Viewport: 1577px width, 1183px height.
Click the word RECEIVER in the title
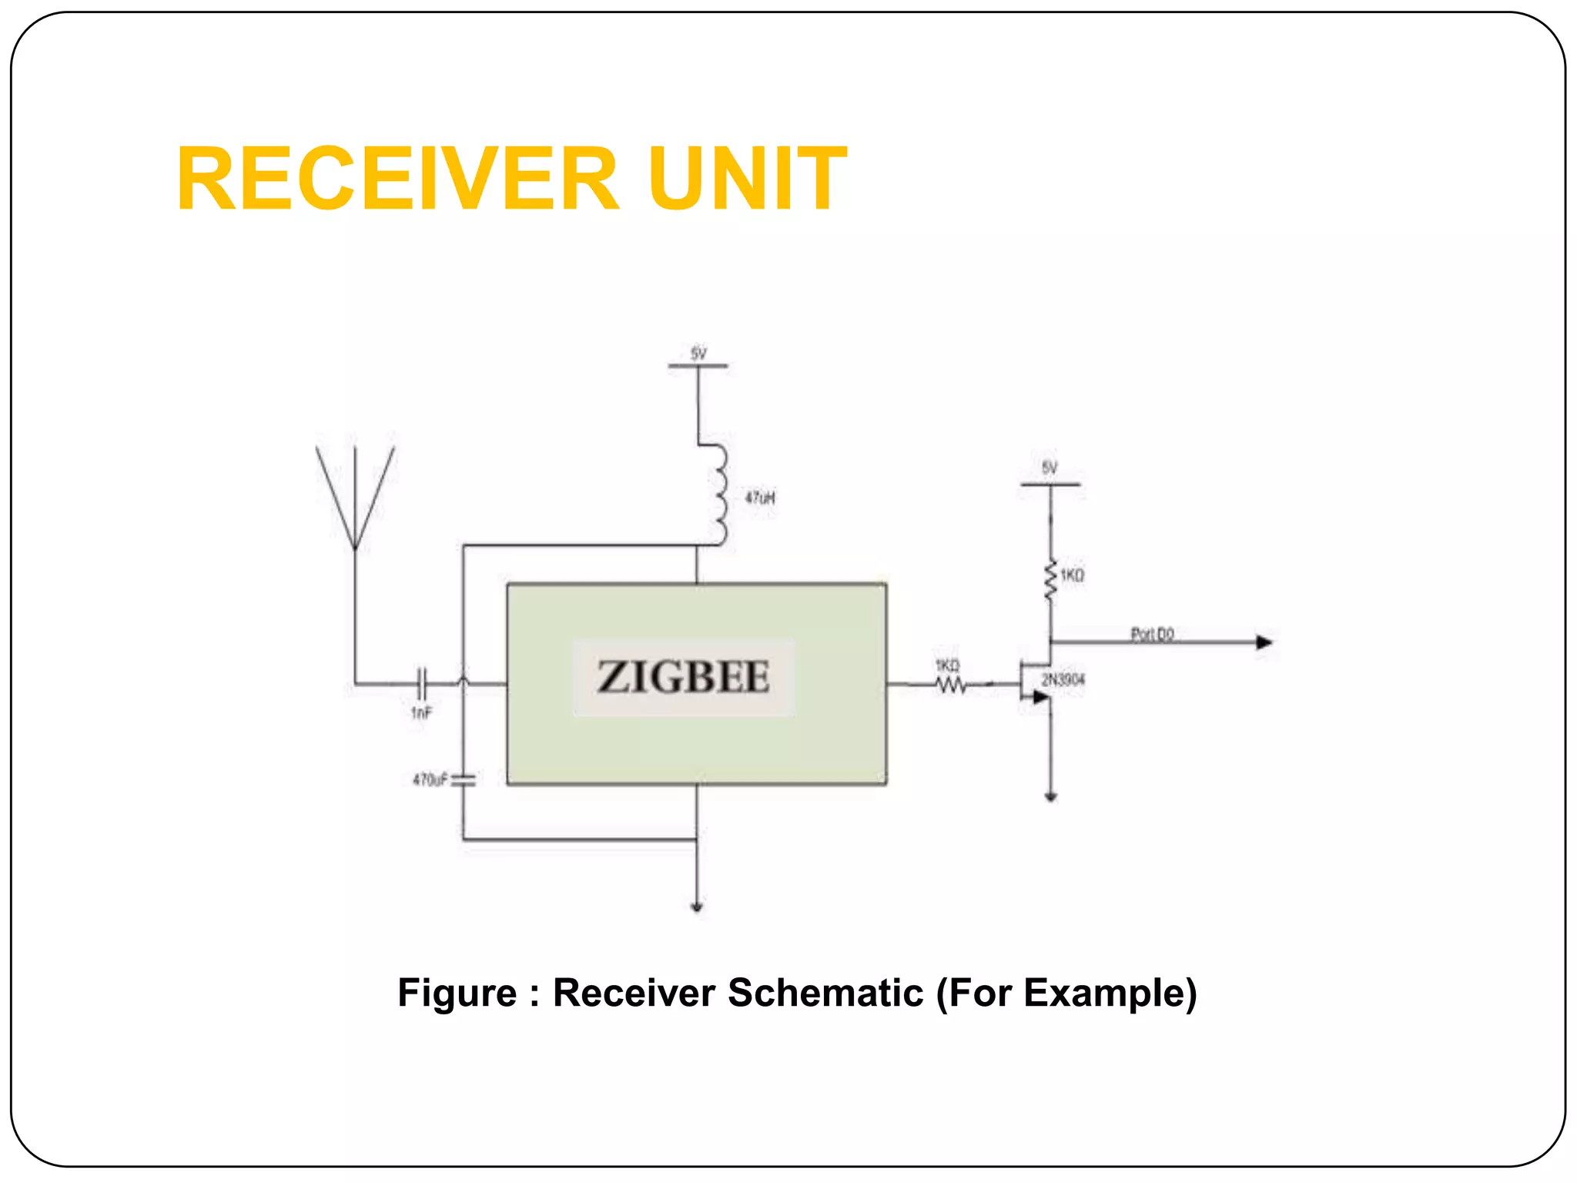click(397, 179)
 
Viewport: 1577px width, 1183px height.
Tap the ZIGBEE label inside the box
click(683, 678)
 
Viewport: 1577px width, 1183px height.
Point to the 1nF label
click(421, 713)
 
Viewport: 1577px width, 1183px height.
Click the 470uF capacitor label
click(429, 780)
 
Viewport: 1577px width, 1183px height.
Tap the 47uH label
click(759, 498)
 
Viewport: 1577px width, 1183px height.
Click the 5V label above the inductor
click(698, 354)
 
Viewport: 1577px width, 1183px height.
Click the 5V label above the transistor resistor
click(1050, 468)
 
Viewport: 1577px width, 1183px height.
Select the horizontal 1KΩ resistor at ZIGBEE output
click(950, 684)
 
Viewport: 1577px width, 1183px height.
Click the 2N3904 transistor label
click(1063, 679)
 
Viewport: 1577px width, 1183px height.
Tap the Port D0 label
click(1152, 634)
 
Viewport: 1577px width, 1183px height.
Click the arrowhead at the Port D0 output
click(1264, 642)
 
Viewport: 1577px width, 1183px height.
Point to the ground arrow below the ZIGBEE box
click(697, 907)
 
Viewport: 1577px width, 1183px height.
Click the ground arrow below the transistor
click(1050, 796)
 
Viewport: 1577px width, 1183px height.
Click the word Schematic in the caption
click(825, 993)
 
